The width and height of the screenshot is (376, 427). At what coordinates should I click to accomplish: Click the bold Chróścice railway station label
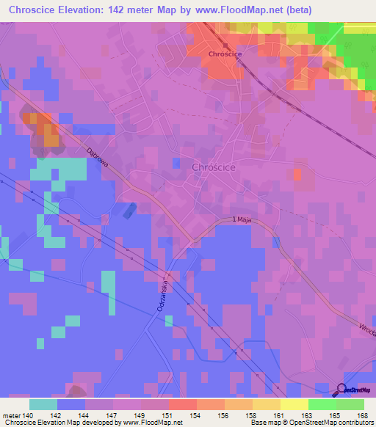pos(225,54)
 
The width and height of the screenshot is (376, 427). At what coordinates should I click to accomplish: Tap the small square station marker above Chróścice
pos(225,45)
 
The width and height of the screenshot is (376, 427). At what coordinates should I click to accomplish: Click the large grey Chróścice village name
pos(214,167)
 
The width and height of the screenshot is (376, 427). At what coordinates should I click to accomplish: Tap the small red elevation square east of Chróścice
pos(297,174)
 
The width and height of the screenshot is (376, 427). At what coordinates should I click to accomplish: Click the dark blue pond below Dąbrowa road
pos(129,211)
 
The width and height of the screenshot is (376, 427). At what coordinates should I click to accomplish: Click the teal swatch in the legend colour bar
pos(43,404)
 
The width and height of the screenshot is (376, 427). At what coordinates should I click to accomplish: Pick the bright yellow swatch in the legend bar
pos(294,404)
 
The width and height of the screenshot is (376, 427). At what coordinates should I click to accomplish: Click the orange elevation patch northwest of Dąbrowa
pos(50,136)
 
